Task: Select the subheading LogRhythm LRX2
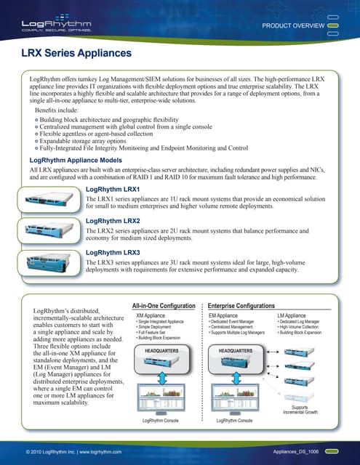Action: click(113, 220)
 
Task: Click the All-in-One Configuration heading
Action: click(164, 306)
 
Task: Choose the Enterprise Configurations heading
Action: click(241, 306)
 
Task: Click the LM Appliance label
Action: click(292, 316)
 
